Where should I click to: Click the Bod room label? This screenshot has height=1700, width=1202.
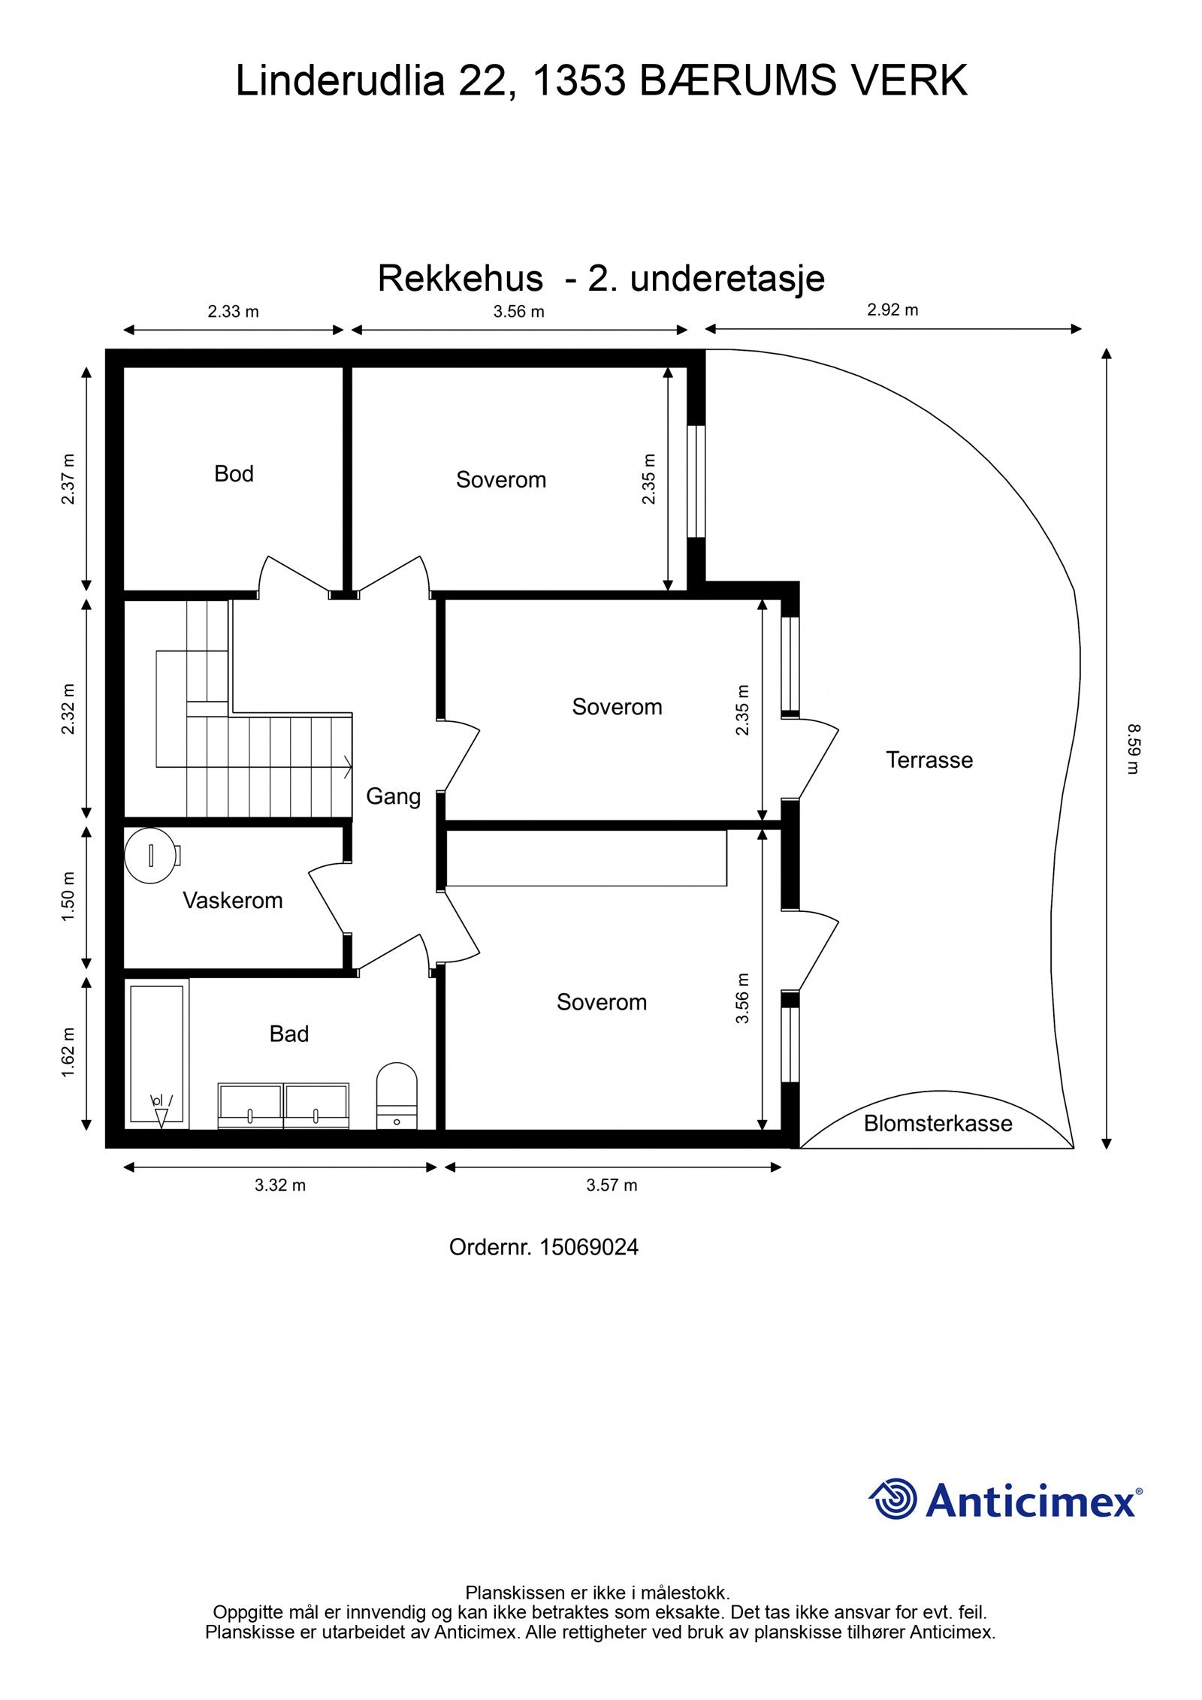point(234,474)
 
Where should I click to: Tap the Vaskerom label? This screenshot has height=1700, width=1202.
point(232,901)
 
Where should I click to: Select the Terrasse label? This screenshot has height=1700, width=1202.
point(929,760)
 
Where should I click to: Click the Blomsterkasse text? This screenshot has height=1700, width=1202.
point(938,1124)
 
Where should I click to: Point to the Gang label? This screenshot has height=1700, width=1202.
point(393,796)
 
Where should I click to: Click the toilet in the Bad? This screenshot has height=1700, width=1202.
point(396,1094)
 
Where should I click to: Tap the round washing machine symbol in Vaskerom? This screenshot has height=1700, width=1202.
point(151,856)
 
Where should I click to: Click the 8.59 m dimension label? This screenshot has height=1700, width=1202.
point(1133,748)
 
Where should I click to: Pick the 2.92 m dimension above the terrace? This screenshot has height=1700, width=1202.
point(892,310)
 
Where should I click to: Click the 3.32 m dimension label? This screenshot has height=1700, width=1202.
point(279,1185)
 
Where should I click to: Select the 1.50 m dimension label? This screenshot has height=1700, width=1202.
point(68,897)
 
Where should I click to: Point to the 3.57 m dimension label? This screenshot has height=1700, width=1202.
point(612,1185)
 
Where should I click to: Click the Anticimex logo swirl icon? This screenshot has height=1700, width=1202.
point(894,1499)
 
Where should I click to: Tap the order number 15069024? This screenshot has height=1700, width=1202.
point(589,1248)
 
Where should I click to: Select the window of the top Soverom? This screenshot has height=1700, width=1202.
point(696,482)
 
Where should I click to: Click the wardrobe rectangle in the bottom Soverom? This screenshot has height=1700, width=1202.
point(586,858)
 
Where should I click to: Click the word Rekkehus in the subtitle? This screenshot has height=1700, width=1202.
point(460,279)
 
